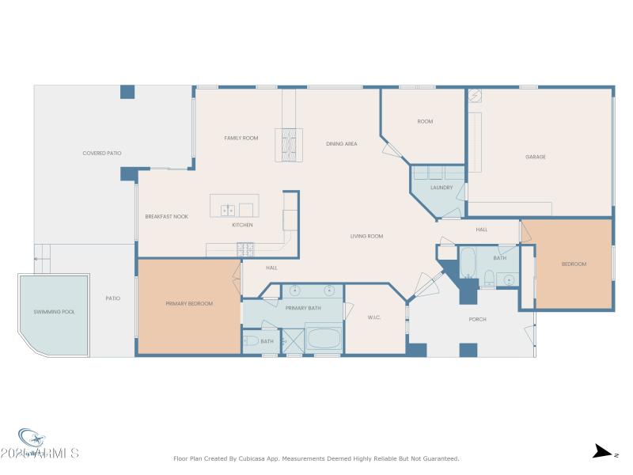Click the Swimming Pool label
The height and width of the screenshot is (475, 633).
click(x=55, y=312)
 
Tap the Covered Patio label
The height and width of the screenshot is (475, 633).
click(x=102, y=153)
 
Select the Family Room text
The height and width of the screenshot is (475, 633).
click(x=241, y=139)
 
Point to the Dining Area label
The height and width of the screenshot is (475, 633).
click(x=342, y=144)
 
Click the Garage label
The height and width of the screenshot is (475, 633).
click(x=536, y=157)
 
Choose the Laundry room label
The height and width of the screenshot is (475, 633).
click(x=442, y=188)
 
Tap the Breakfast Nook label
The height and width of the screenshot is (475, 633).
click(x=166, y=216)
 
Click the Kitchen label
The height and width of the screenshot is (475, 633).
click(x=242, y=226)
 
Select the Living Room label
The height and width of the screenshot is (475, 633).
click(x=367, y=236)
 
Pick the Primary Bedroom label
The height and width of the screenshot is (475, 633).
click(x=189, y=303)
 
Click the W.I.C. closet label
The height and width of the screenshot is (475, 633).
click(x=375, y=317)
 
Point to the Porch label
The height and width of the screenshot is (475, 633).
click(x=477, y=319)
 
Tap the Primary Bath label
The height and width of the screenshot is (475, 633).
click(x=303, y=308)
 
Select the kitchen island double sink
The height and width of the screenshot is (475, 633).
click(x=228, y=210)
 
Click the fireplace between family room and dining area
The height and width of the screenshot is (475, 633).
click(x=288, y=144)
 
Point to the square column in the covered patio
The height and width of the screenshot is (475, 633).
click(x=127, y=92)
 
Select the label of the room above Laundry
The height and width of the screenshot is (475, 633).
click(x=425, y=121)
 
